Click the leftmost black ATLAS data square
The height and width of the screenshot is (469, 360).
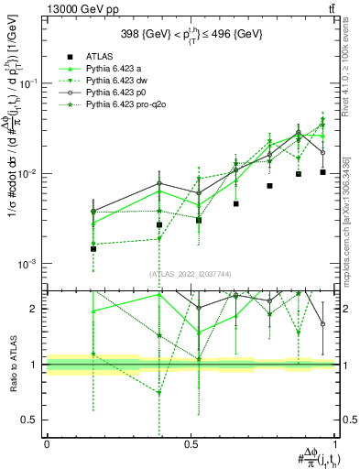click(x=93, y=248)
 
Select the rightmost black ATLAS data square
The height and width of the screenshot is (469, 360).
click(x=322, y=172)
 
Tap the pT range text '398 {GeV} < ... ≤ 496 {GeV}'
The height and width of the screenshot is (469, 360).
click(x=191, y=34)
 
